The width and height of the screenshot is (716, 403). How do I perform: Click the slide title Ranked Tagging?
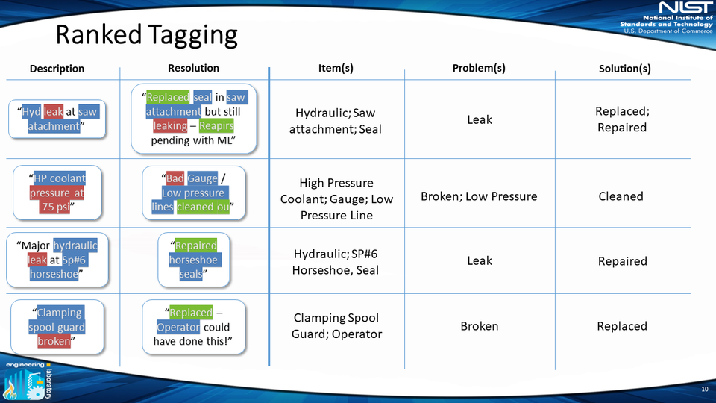146,35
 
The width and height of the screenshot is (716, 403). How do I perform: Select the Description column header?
57,69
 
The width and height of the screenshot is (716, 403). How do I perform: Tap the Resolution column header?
193,68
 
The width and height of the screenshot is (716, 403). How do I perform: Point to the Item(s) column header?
336,68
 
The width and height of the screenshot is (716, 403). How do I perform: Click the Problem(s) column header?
479,68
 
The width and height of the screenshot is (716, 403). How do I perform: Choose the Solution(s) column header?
624,69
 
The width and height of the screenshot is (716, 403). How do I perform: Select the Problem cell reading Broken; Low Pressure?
479,196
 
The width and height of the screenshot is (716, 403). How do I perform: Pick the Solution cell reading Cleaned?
621,196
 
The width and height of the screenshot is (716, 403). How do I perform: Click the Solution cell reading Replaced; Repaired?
621,119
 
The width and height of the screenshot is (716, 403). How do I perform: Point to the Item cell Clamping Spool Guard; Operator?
338,326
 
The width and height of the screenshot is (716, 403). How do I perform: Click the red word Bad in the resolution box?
175,178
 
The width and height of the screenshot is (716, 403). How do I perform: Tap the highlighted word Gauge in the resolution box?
202,178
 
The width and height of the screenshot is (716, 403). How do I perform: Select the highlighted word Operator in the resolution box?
178,327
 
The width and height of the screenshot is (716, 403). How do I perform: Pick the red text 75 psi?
57,207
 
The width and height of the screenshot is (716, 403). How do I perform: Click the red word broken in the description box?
54,341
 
